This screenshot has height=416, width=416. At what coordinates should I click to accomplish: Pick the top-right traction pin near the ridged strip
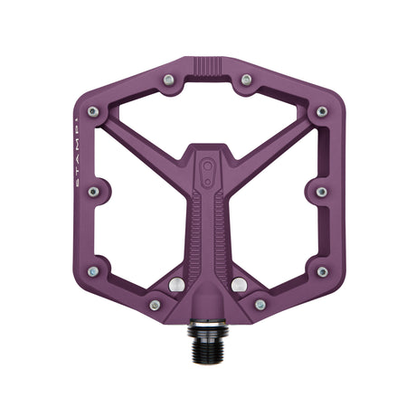pyautogui.click(x=246, y=80)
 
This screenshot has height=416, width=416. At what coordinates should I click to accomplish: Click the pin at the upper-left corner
pyautogui.click(x=93, y=112)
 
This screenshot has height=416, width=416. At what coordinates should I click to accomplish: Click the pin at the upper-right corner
pyautogui.click(x=322, y=112)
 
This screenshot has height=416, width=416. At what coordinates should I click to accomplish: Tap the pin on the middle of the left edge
pyautogui.click(x=93, y=192)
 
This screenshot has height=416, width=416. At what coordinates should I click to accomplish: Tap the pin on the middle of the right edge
pyautogui.click(x=322, y=192)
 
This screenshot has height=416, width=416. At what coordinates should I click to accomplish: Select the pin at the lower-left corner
pyautogui.click(x=93, y=270)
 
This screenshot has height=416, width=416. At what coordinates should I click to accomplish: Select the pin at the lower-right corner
pyautogui.click(x=322, y=270)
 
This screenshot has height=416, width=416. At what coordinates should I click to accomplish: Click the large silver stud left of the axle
pyautogui.click(x=177, y=285)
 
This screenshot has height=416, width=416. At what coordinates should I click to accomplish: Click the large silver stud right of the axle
pyautogui.click(x=239, y=285)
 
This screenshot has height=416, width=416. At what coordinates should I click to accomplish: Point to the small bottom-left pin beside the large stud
pyautogui.click(x=156, y=305)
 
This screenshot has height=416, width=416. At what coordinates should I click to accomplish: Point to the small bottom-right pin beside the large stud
pyautogui.click(x=260, y=305)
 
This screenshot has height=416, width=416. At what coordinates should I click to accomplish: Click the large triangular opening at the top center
pyautogui.click(x=208, y=113)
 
